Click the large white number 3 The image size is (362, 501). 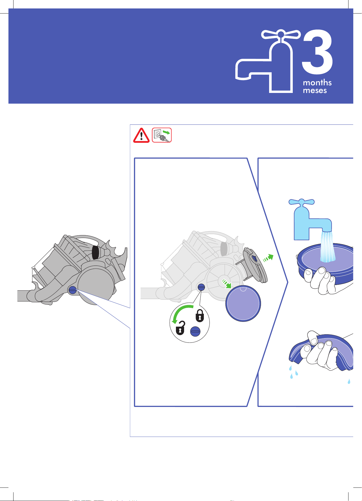coord(318,52)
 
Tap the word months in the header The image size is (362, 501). coord(317,83)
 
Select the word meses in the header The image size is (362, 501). coord(315,90)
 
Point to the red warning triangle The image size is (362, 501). coord(141,135)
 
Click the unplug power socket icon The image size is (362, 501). coord(162,135)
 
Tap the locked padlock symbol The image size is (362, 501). coord(200,316)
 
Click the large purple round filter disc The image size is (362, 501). coord(243,303)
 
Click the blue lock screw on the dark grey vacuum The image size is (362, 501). coord(72,290)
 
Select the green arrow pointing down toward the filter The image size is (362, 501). coord(226,284)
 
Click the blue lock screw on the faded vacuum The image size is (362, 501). coord(201,287)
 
